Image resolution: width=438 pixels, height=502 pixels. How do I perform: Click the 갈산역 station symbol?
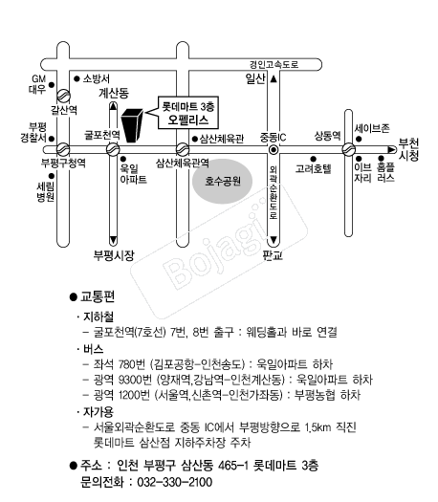click(63, 96)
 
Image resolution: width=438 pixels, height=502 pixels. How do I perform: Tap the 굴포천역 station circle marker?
click(113, 149)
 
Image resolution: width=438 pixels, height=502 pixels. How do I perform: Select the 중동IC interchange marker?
click(274, 149)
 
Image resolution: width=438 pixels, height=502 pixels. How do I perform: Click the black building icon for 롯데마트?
click(132, 125)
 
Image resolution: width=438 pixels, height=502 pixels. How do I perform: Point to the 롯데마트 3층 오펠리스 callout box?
click(188, 113)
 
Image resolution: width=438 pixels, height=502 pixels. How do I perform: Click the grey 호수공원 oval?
click(222, 182)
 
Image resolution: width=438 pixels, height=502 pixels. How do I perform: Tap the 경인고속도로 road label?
click(274, 64)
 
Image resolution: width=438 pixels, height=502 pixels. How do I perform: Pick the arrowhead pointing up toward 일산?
click(274, 78)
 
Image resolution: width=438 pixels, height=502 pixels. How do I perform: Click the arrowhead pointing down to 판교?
click(274, 240)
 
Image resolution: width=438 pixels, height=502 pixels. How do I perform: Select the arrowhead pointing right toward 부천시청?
click(391, 149)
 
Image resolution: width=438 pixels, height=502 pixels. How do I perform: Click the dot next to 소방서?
click(77, 78)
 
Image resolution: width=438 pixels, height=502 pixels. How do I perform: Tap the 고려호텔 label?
click(313, 168)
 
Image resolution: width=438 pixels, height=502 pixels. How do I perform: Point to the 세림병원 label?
click(45, 192)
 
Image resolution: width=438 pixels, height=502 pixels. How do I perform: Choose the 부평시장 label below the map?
click(114, 255)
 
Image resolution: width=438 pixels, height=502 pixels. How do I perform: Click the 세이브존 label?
click(372, 128)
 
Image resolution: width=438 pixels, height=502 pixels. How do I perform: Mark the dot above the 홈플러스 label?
click(381, 159)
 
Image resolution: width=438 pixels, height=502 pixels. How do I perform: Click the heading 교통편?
click(97, 296)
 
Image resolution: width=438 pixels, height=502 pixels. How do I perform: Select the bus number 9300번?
click(135, 380)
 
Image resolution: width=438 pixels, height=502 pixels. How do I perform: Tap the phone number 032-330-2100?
click(174, 482)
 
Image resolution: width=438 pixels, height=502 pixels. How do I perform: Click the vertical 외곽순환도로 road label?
click(274, 192)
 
